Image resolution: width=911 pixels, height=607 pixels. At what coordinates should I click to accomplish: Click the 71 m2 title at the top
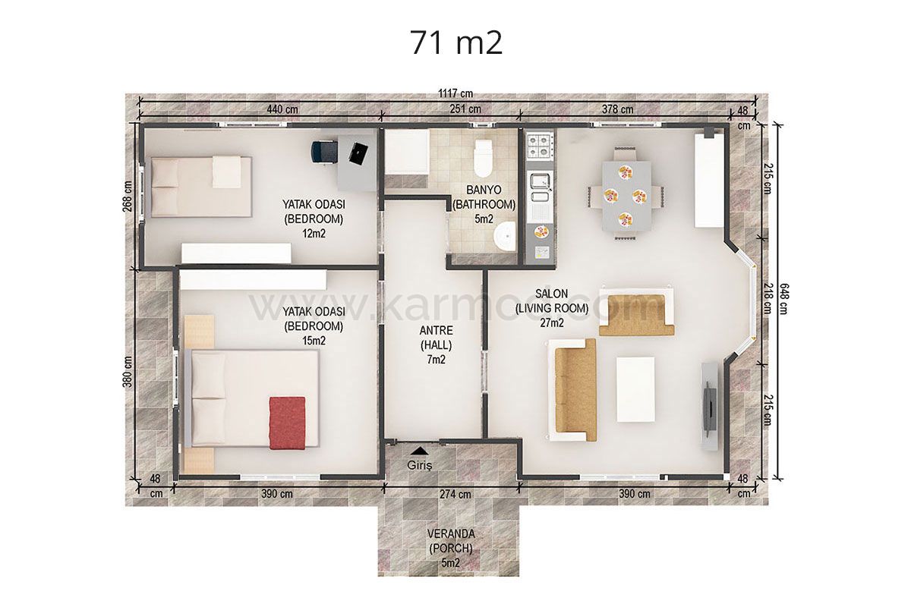pyautogui.click(x=456, y=42)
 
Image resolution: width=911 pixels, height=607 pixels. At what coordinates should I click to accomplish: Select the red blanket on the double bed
pyautogui.click(x=287, y=423)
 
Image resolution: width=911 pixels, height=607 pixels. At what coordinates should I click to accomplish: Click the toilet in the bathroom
pyautogui.click(x=483, y=158)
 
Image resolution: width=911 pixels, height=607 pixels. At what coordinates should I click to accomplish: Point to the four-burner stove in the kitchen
pyautogui.click(x=540, y=145)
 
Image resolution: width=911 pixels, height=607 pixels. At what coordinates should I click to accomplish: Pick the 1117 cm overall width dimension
pyautogui.click(x=455, y=93)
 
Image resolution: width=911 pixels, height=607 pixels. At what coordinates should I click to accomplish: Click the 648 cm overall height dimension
pyautogui.click(x=783, y=299)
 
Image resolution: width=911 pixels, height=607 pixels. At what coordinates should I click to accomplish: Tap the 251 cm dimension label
pyautogui.click(x=465, y=109)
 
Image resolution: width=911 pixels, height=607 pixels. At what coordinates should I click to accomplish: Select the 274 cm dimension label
pyautogui.click(x=455, y=495)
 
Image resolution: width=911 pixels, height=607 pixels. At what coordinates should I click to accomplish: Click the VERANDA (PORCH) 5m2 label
pyautogui.click(x=451, y=549)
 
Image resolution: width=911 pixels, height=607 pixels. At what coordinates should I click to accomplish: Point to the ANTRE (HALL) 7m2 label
pyautogui.click(x=436, y=344)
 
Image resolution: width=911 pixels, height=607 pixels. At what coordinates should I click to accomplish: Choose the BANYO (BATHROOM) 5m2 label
pyautogui.click(x=484, y=205)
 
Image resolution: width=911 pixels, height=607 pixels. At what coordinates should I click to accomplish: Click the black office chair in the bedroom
pyautogui.click(x=324, y=153)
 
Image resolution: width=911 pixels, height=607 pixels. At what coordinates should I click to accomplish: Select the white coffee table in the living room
pyautogui.click(x=635, y=389)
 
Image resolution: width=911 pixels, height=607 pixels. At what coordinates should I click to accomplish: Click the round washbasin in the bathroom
pyautogui.click(x=505, y=237)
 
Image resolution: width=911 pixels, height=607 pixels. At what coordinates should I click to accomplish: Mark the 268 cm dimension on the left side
pyautogui.click(x=128, y=197)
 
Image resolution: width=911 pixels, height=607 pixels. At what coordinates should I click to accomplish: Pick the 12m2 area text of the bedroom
pyautogui.click(x=314, y=234)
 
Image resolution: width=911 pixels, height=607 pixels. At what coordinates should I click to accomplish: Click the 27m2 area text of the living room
pyautogui.click(x=552, y=322)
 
